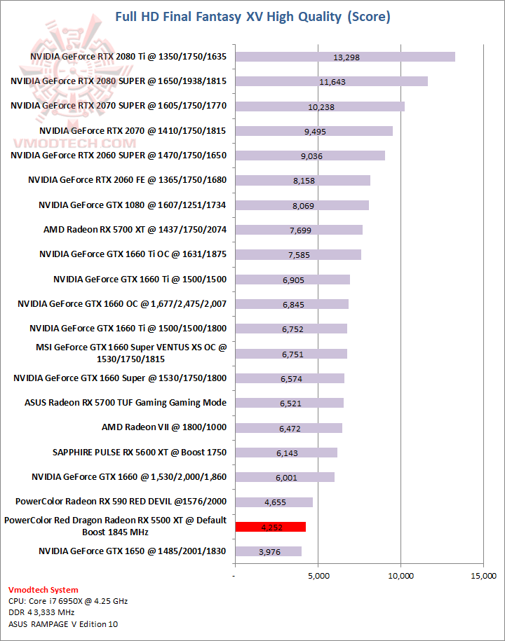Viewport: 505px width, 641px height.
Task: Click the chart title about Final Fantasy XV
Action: (x=252, y=16)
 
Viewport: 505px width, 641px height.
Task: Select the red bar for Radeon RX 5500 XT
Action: (x=270, y=527)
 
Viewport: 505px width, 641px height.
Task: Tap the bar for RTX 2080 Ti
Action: (x=345, y=57)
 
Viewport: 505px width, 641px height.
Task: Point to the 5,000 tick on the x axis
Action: (x=318, y=576)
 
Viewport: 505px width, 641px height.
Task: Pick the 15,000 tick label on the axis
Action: (x=483, y=576)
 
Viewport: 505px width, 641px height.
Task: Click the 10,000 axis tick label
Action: (x=400, y=576)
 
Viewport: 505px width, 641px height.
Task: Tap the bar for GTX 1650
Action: (x=268, y=551)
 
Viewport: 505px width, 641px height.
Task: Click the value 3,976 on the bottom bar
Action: (x=270, y=552)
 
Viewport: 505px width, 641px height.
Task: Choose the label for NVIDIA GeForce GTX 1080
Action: (x=133, y=205)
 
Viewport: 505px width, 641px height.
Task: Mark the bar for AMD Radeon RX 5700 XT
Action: (x=299, y=230)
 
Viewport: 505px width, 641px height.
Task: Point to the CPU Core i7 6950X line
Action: (x=68, y=601)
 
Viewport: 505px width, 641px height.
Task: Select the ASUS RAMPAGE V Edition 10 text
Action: (x=63, y=624)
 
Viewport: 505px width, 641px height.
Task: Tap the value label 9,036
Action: (x=311, y=156)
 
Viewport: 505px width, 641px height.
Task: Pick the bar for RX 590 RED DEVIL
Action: (x=274, y=502)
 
